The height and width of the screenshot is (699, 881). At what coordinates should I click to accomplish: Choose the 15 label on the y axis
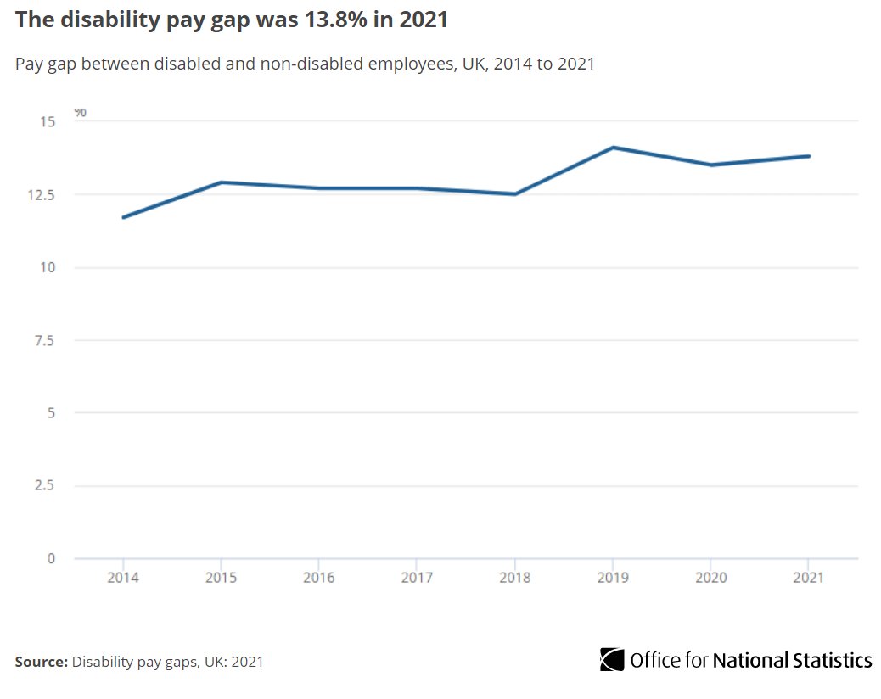(48, 122)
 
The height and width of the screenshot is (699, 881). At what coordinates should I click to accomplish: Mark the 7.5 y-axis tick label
(45, 340)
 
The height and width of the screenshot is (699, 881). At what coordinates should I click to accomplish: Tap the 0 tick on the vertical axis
(51, 558)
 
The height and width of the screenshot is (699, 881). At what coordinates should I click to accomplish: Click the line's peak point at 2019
(612, 148)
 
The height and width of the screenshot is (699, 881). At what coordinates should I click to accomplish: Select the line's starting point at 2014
(123, 217)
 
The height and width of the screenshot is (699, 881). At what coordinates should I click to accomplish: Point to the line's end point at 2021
(808, 156)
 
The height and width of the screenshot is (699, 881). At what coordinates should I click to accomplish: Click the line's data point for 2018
(514, 194)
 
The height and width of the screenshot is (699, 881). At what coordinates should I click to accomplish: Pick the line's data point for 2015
(221, 182)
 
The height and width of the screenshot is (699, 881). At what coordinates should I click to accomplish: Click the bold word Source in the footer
(39, 662)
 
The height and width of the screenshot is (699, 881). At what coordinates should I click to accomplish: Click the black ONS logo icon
(611, 660)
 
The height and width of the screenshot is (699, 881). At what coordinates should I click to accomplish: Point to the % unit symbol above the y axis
(80, 112)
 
